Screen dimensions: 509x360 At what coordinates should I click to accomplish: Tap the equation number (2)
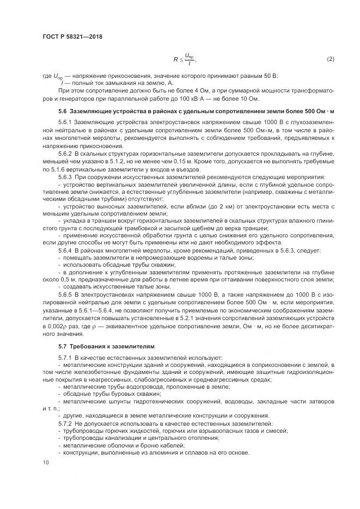tap(330, 58)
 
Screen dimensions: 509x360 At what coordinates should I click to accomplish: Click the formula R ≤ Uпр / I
tap(185, 59)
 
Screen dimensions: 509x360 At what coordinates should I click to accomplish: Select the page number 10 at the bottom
tap(45, 463)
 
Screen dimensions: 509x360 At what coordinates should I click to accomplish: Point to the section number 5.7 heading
tap(63, 346)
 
